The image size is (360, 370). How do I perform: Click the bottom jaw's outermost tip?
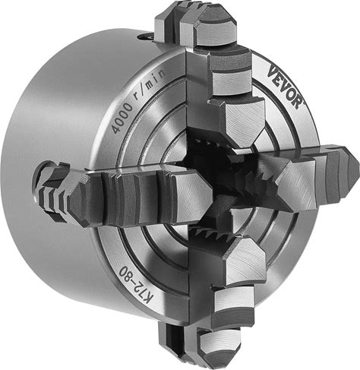(217, 350)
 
